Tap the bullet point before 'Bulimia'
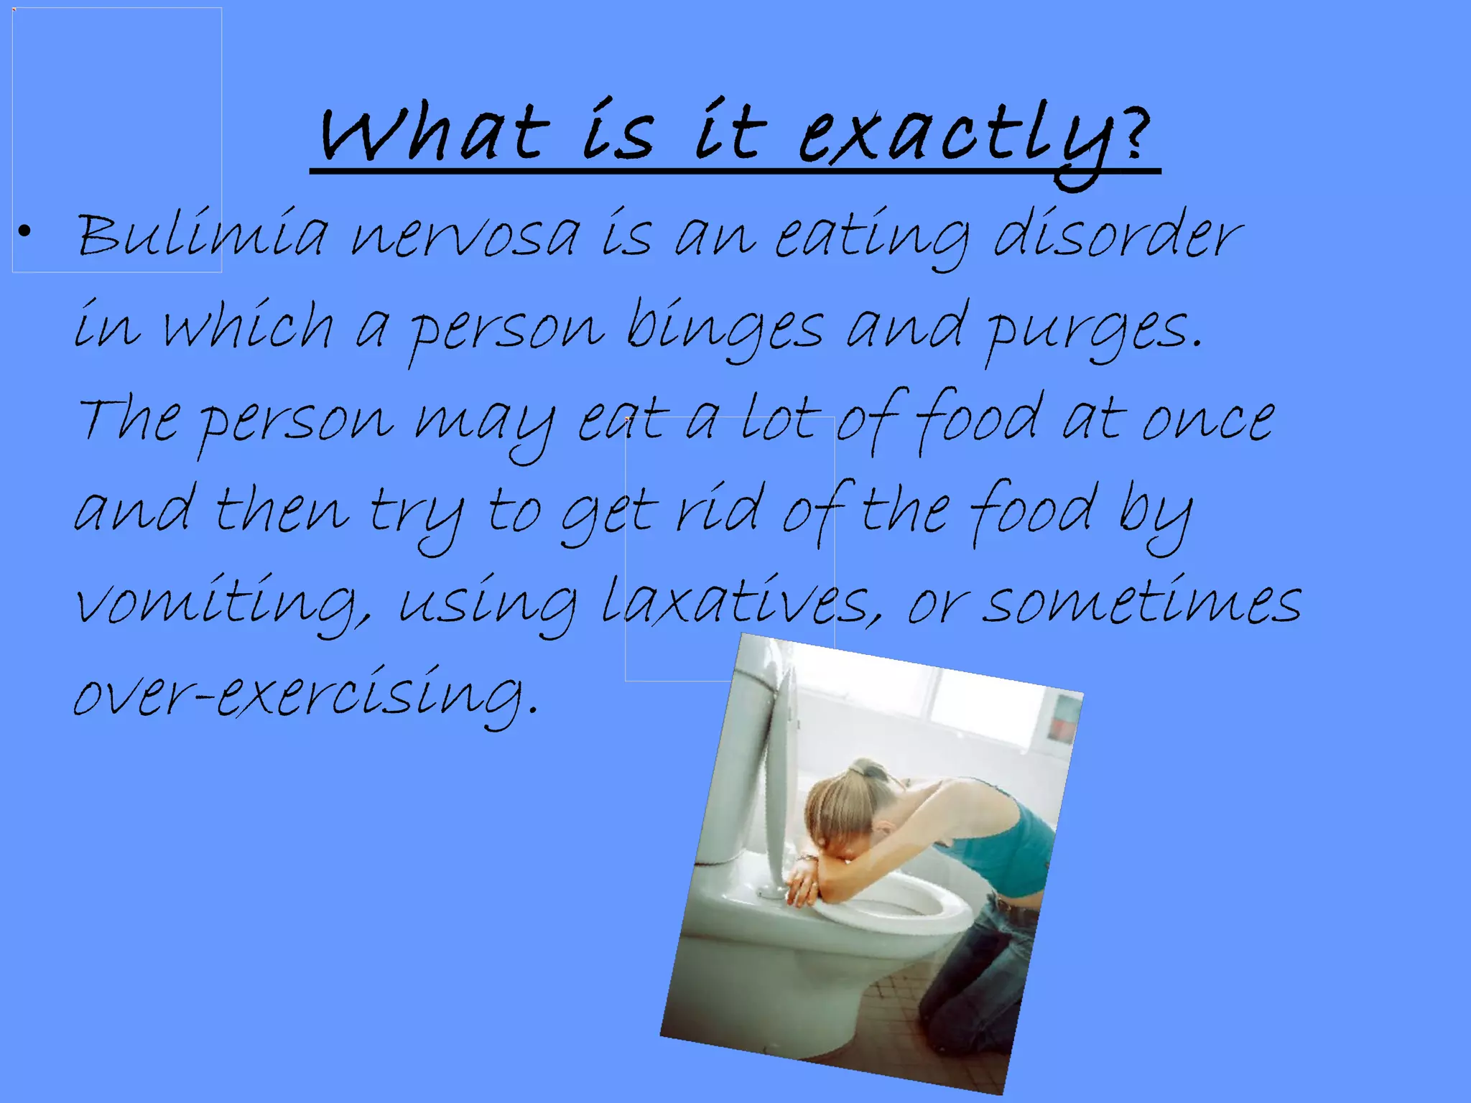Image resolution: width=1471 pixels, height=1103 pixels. point(25,231)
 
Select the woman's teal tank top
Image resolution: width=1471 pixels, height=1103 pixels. point(1006,847)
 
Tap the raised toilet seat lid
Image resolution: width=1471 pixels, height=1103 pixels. point(779,776)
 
